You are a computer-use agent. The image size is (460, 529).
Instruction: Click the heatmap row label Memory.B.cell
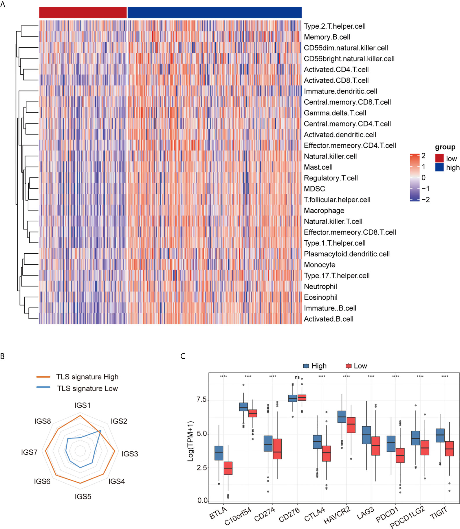(x=327, y=37)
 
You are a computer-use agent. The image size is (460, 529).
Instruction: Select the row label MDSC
(x=314, y=189)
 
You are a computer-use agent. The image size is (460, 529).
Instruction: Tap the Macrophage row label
(x=324, y=211)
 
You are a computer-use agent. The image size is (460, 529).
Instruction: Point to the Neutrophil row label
(x=320, y=287)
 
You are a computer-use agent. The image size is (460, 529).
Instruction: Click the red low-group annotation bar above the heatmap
(x=83, y=13)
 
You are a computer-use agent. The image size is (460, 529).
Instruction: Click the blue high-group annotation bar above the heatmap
(x=215, y=13)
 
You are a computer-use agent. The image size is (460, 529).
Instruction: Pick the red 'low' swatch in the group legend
(x=439, y=158)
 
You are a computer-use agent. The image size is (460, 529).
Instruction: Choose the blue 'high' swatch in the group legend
(x=439, y=167)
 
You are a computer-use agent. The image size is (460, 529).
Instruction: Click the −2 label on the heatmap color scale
(x=426, y=200)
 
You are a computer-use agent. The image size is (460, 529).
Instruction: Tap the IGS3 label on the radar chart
(x=130, y=454)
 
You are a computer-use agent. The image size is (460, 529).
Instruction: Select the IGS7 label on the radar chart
(x=29, y=452)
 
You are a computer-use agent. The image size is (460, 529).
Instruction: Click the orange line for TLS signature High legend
(x=43, y=377)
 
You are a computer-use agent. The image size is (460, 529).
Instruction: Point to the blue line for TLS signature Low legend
(x=43, y=387)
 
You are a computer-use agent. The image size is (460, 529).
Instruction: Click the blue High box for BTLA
(x=219, y=453)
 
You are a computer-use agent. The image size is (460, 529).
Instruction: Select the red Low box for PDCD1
(x=400, y=456)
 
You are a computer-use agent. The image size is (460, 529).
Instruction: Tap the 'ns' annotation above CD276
(x=297, y=377)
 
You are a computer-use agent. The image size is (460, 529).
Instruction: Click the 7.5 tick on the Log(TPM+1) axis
(x=201, y=400)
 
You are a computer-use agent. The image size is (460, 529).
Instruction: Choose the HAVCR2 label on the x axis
(x=337, y=515)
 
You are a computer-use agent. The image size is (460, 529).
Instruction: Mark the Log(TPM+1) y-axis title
(x=190, y=441)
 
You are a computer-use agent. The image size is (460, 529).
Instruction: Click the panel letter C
(x=183, y=356)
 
